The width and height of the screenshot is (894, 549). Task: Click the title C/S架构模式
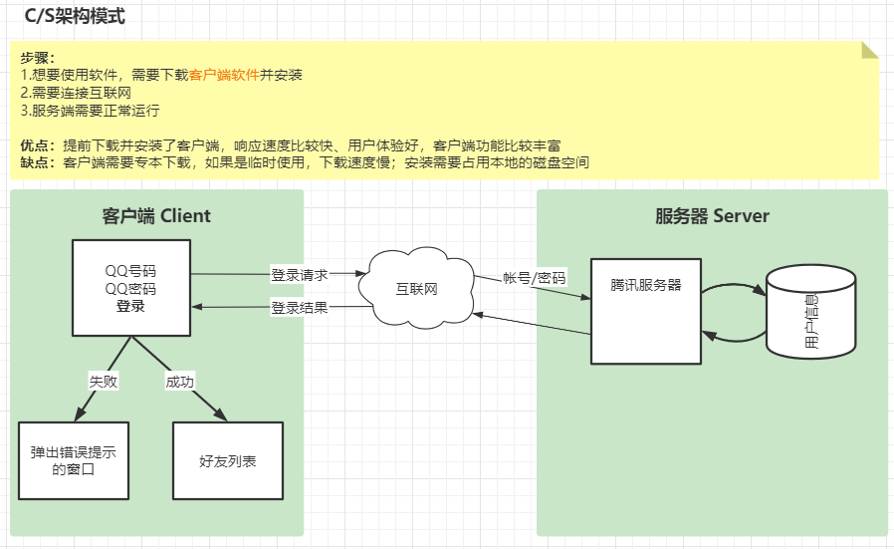click(75, 17)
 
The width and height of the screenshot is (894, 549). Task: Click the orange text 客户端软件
click(224, 75)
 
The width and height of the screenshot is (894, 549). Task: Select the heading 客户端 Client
click(157, 215)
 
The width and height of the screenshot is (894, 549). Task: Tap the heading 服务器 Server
click(712, 215)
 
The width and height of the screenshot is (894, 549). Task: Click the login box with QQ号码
click(130, 288)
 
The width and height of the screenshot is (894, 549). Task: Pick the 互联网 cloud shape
click(417, 289)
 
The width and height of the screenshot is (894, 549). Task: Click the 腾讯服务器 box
click(646, 311)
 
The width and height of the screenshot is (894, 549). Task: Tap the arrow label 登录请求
click(299, 273)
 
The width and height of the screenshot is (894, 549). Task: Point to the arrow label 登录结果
click(299, 308)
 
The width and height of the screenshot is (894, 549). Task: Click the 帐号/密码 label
click(534, 278)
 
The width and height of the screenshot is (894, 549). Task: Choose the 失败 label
click(103, 382)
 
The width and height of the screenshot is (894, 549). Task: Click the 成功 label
click(180, 382)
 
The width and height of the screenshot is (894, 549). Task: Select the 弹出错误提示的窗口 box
click(74, 460)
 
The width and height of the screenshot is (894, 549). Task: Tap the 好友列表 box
click(228, 460)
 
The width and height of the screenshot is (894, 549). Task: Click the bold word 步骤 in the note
click(37, 58)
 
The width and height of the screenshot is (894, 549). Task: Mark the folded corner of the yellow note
click(870, 51)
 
